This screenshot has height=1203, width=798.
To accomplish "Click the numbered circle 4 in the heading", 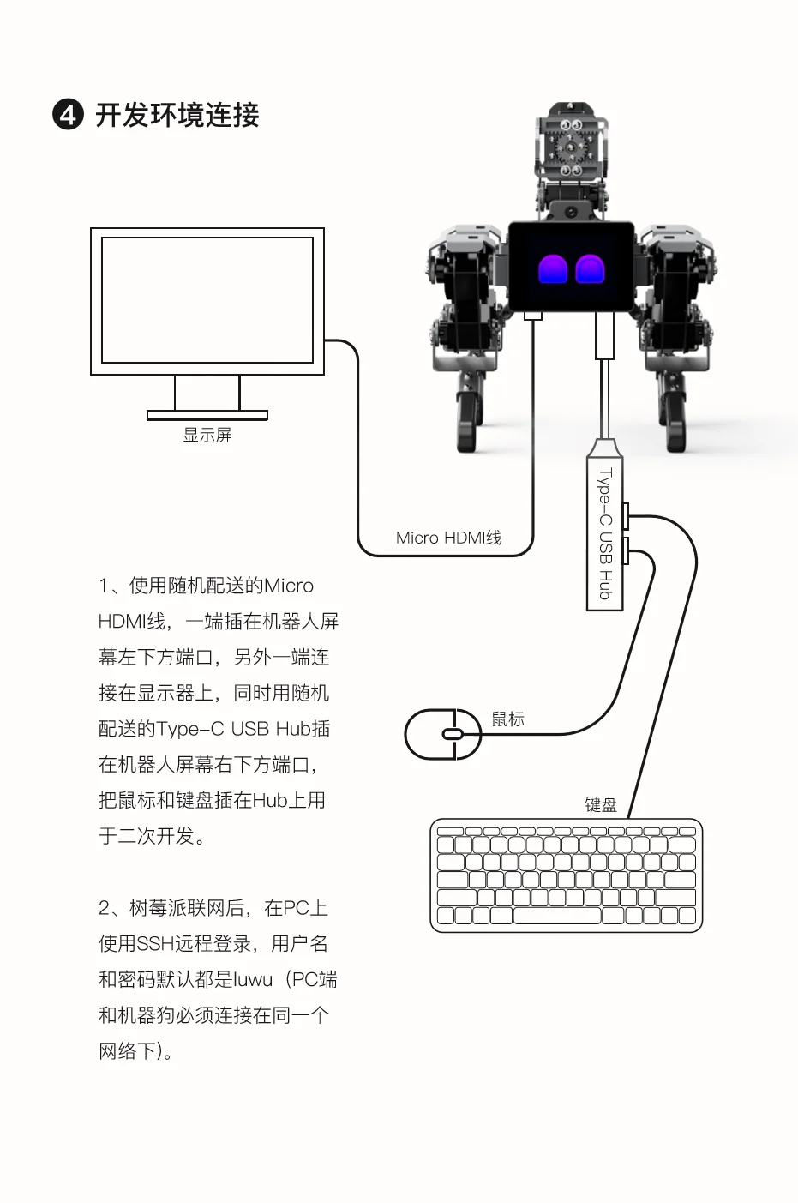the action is [69, 115].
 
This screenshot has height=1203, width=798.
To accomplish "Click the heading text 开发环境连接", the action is [177, 115].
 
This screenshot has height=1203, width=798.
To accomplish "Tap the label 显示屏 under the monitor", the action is [207, 435].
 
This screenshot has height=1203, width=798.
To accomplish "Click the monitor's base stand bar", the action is [207, 415].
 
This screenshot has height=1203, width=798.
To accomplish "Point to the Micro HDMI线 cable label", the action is [448, 538].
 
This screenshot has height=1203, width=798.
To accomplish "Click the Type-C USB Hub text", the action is [605, 534].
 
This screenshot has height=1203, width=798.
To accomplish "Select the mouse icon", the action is [443, 734].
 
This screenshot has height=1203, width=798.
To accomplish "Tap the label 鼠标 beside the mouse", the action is [508, 719].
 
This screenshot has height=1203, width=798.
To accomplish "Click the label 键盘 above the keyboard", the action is [601, 804].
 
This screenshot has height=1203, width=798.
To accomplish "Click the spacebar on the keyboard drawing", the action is [557, 916].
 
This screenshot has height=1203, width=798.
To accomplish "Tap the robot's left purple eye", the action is [553, 269].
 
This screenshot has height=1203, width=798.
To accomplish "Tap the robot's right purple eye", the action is [591, 269].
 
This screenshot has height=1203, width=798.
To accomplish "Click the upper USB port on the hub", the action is [626, 516].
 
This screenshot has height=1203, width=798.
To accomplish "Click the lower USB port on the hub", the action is [626, 551].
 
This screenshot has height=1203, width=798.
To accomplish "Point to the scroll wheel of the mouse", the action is [453, 734].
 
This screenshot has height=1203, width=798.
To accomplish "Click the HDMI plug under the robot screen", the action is [533, 316].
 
